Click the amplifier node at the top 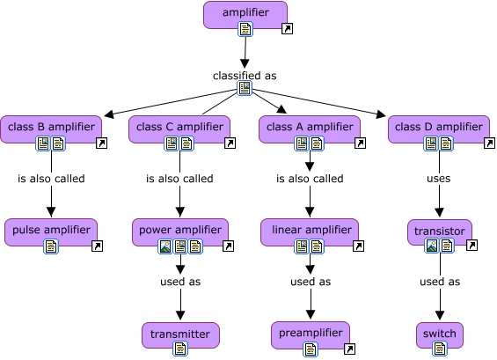(245, 12)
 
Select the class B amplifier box (51, 127)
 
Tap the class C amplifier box (179, 127)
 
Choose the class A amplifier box (309, 127)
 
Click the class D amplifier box (438, 127)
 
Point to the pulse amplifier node (51, 231)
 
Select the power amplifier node (179, 231)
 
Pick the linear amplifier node (309, 231)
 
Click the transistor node (440, 231)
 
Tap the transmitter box (179, 334)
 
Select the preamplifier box (310, 334)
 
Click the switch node (439, 334)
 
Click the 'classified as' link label (245, 76)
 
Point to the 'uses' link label (438, 179)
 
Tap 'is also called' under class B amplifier (51, 179)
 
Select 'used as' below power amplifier (179, 282)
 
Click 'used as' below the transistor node (439, 282)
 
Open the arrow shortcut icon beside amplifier (286, 30)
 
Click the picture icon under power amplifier (164, 246)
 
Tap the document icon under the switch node (439, 349)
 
